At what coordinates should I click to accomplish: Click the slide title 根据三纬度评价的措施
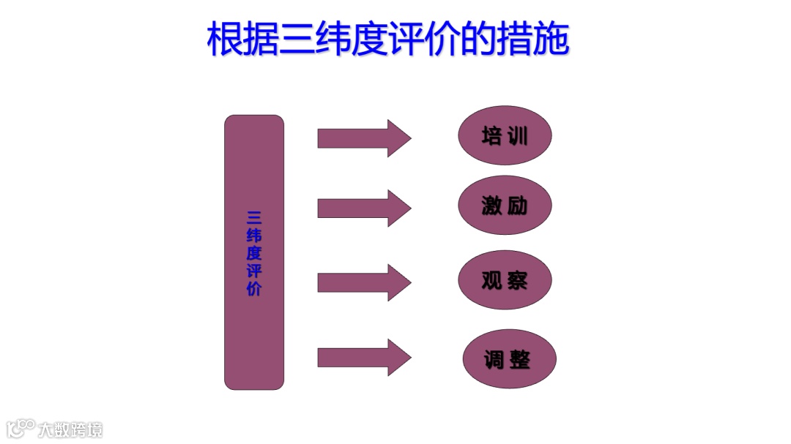click(x=388, y=39)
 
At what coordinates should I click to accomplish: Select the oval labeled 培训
click(x=504, y=136)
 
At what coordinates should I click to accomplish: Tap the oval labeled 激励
click(x=504, y=206)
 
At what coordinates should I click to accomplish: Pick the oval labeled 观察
click(x=504, y=280)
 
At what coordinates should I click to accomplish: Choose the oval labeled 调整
click(x=509, y=359)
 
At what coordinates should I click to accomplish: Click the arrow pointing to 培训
click(x=363, y=138)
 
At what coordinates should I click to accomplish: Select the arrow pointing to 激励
click(x=363, y=208)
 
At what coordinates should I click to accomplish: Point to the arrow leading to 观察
click(x=363, y=282)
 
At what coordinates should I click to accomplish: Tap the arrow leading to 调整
click(x=363, y=358)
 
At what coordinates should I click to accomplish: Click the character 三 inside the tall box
click(x=254, y=218)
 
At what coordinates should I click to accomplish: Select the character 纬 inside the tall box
click(x=254, y=236)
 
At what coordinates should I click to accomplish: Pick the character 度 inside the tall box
click(x=254, y=253)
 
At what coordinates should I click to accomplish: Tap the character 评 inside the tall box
click(x=254, y=271)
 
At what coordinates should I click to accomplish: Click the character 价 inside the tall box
click(x=254, y=288)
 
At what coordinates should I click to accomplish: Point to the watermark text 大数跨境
click(x=71, y=429)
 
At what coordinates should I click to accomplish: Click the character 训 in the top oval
click(x=518, y=136)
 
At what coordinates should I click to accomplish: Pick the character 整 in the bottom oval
click(x=521, y=359)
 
